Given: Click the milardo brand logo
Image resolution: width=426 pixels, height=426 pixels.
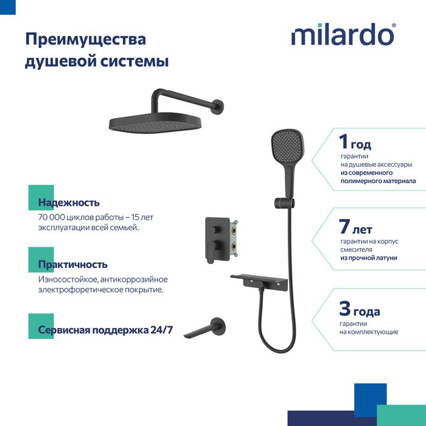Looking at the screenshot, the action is (x=343, y=34).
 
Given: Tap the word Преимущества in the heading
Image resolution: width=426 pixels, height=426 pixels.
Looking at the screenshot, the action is (x=86, y=40).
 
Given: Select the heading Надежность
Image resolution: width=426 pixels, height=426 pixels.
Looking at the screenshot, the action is (x=69, y=203).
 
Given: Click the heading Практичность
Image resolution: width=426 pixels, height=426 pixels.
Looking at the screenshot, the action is (x=73, y=264).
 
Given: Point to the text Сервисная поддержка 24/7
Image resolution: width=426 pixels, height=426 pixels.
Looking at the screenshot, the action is (x=105, y=330).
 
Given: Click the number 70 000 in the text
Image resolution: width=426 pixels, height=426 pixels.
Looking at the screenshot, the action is (x=52, y=217).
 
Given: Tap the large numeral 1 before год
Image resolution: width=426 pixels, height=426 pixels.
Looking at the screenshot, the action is (x=343, y=141).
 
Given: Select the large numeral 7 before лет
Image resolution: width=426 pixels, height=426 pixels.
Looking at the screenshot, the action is (x=344, y=226).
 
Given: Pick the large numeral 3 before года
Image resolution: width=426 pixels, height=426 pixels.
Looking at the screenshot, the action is (x=345, y=309).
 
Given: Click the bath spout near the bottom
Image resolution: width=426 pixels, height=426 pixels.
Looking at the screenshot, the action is (x=205, y=328).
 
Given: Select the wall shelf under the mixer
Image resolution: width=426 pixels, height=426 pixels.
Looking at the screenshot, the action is (x=259, y=282).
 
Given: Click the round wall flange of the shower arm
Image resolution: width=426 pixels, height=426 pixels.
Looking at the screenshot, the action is (x=218, y=106).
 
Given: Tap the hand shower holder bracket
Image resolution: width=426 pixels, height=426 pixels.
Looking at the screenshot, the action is (x=284, y=203).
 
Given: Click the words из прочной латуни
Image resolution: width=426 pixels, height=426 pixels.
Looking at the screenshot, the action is (x=369, y=258).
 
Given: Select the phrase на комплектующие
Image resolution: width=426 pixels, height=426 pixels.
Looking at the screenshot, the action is (x=369, y=332).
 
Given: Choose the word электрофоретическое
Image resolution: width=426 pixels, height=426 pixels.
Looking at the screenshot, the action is (x=81, y=290).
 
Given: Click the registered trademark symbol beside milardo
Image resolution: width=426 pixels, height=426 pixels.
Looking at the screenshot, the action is (x=394, y=26).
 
